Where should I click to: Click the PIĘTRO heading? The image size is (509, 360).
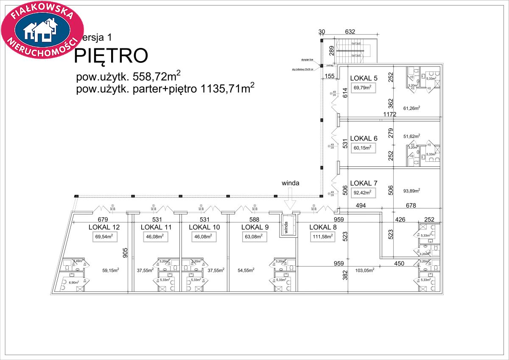coord(111,56)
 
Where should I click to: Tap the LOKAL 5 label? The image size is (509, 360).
coord(364,78)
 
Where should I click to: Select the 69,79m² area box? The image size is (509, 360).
coord(363,88)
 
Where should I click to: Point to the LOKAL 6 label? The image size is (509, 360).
coord(364,138)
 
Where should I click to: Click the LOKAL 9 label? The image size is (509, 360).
coord(255,227)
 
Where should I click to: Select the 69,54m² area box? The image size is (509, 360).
coord(105,237)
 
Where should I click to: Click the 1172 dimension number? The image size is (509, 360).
coord(390,115)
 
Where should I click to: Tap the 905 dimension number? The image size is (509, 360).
coord(125,253)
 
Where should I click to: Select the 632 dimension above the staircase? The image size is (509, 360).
coord(350,31)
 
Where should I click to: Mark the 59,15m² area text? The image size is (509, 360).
coord(110,270)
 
